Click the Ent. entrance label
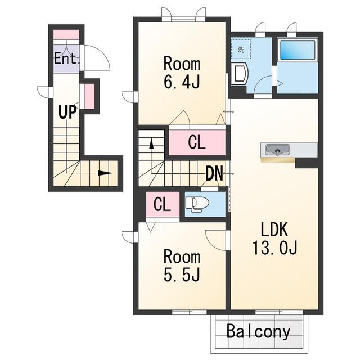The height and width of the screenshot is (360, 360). pyautogui.click(x=67, y=58)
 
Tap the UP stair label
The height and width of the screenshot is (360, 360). pyautogui.click(x=67, y=112)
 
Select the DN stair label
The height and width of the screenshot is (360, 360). pyautogui.click(x=214, y=173)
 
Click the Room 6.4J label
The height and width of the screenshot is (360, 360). pyautogui.click(x=182, y=73)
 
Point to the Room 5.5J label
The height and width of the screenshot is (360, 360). pyautogui.click(x=182, y=266)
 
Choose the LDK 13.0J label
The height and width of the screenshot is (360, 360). pyautogui.click(x=275, y=238)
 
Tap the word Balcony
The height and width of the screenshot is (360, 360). pyautogui.click(x=258, y=332)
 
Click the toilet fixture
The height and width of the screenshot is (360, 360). pyautogui.click(x=197, y=204)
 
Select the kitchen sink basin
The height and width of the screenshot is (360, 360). pyautogui.click(x=277, y=150)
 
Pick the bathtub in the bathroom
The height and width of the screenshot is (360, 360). pyautogui.click(x=298, y=50)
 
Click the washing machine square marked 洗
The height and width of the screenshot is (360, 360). pyautogui.click(x=241, y=49)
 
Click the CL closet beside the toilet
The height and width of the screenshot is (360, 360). pyautogui.click(x=163, y=204)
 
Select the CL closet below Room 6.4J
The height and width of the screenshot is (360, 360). pyautogui.click(x=197, y=142)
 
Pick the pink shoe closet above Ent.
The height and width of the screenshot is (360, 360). pyautogui.click(x=66, y=35)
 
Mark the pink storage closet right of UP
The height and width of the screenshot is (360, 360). pyautogui.click(x=89, y=96)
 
